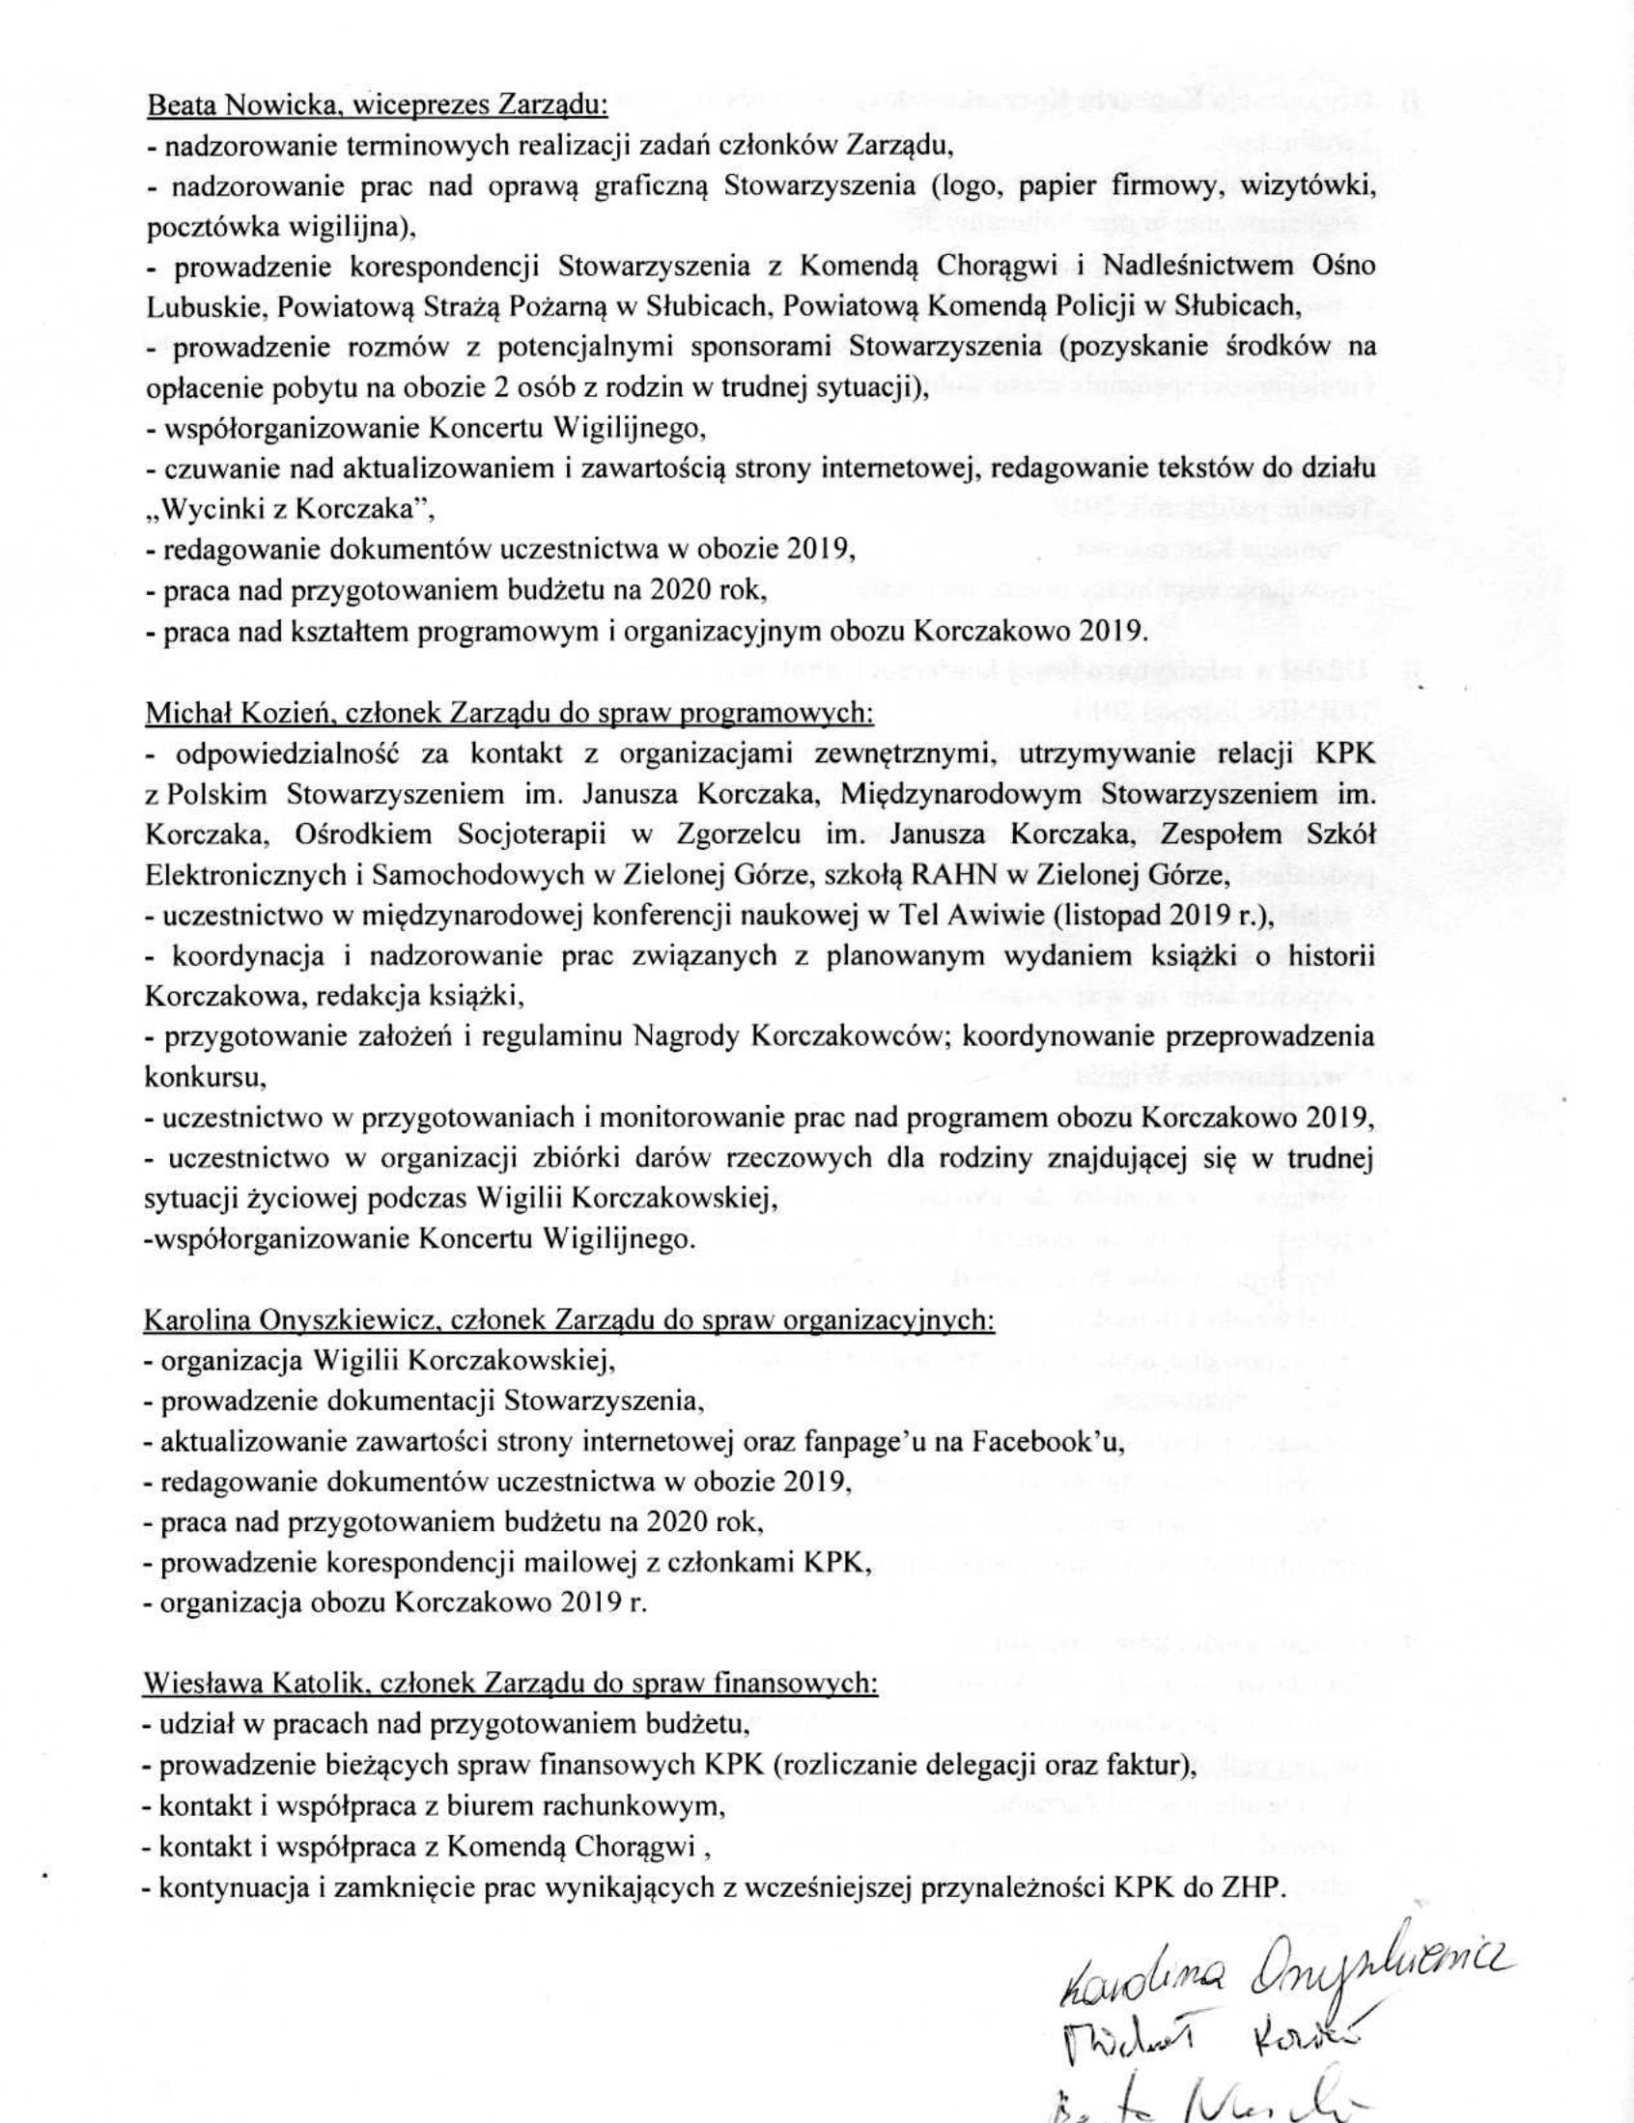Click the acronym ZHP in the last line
coord(1254,1886)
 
